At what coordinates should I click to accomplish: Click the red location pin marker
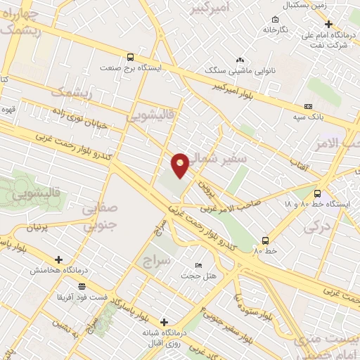pyautogui.click(x=181, y=164)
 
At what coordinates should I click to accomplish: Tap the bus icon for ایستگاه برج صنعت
pyautogui.click(x=129, y=58)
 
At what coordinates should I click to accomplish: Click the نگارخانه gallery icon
pyautogui.click(x=276, y=20)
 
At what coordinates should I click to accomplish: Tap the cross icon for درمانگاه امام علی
pyautogui.click(x=328, y=24)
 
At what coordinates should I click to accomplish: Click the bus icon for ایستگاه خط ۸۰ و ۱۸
pyautogui.click(x=317, y=193)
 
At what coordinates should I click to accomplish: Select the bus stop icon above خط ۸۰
pyautogui.click(x=265, y=240)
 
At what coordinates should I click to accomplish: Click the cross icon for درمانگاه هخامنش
pyautogui.click(x=58, y=259)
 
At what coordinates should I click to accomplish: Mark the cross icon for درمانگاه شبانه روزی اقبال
pyautogui.click(x=164, y=322)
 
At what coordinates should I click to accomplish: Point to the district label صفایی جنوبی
pyautogui.click(x=98, y=217)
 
